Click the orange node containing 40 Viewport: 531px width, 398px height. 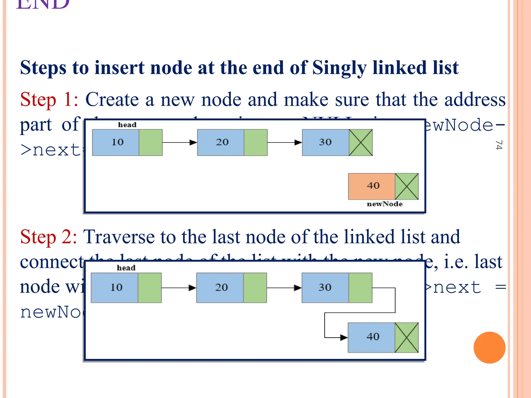point(372,186)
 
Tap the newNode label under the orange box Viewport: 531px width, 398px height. point(385,204)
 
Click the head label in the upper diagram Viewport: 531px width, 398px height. point(127,125)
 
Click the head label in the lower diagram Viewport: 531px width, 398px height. point(126,268)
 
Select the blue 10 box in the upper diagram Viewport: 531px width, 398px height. point(116,143)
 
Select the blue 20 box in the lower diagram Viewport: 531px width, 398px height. point(220,288)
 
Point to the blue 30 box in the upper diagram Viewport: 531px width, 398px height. point(325,143)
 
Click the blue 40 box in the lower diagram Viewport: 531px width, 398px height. point(371,337)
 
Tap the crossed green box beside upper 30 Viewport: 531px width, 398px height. point(361,143)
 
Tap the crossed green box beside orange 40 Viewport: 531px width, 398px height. point(407,186)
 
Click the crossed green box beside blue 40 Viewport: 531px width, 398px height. point(407,337)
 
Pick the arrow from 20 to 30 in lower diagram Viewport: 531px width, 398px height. point(284,288)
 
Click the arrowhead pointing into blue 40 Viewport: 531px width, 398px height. point(344,337)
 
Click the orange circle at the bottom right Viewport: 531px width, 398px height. point(489,347)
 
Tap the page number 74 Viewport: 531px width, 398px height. point(499,145)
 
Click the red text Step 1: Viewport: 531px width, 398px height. point(49,100)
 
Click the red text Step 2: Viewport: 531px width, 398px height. point(48,237)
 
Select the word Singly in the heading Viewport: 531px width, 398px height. point(339,68)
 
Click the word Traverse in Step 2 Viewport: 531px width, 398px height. point(118,237)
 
